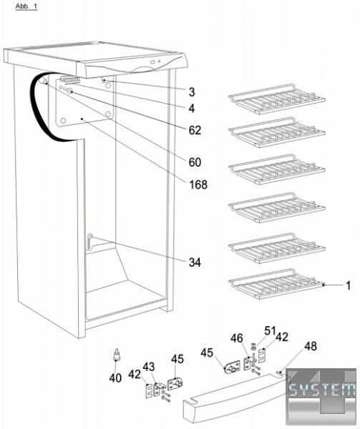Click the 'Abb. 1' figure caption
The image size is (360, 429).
tap(26, 6)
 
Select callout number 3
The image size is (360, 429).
tap(192, 92)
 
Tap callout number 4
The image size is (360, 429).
tap(192, 109)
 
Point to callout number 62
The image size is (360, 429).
tap(195, 130)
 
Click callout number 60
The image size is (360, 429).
tap(195, 162)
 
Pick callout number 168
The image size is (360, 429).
tap(198, 184)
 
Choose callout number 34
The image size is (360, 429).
tap(195, 262)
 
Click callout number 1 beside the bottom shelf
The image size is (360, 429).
tap(348, 285)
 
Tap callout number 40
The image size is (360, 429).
tap(115, 378)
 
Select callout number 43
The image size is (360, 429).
tap(149, 367)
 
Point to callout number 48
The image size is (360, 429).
tap(310, 346)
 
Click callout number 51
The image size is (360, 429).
tap(270, 330)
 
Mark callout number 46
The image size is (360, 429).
tap(236, 338)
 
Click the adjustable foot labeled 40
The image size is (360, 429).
tap(117, 355)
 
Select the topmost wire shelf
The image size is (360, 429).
tap(276, 99)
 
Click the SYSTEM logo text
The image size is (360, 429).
tap(322, 390)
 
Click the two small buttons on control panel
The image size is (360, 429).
tap(156, 62)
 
